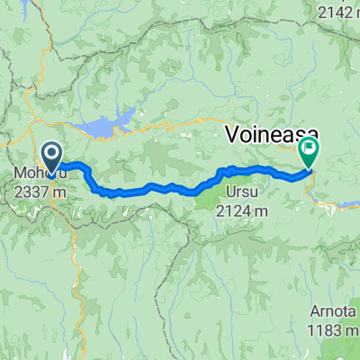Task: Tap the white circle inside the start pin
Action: click(x=51, y=153)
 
